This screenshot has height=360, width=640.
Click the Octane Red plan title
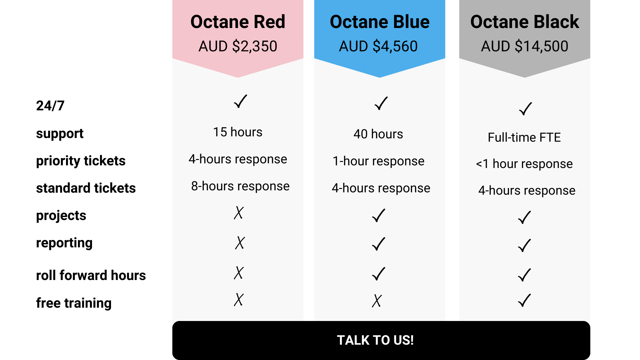(238, 22)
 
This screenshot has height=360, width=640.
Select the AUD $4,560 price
(378, 46)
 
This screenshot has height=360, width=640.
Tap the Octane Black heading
(525, 22)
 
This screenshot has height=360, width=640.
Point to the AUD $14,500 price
(525, 46)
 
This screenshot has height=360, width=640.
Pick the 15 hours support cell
(238, 132)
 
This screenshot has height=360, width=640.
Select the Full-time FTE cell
(524, 137)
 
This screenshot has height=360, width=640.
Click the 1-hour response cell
(379, 161)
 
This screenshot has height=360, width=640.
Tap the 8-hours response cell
(240, 186)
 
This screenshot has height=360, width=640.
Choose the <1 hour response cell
(524, 164)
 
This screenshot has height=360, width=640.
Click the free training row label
(74, 303)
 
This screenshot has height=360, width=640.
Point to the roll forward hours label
(91, 275)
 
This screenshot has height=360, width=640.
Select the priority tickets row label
(81, 161)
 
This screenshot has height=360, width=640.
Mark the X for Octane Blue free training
(377, 301)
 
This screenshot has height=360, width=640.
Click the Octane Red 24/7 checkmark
(240, 101)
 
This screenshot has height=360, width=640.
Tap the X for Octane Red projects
(239, 213)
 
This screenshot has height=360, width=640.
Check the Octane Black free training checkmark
(524, 300)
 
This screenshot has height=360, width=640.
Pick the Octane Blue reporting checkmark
(379, 244)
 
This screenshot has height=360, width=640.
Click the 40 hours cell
(378, 134)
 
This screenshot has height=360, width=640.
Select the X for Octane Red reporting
(240, 243)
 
